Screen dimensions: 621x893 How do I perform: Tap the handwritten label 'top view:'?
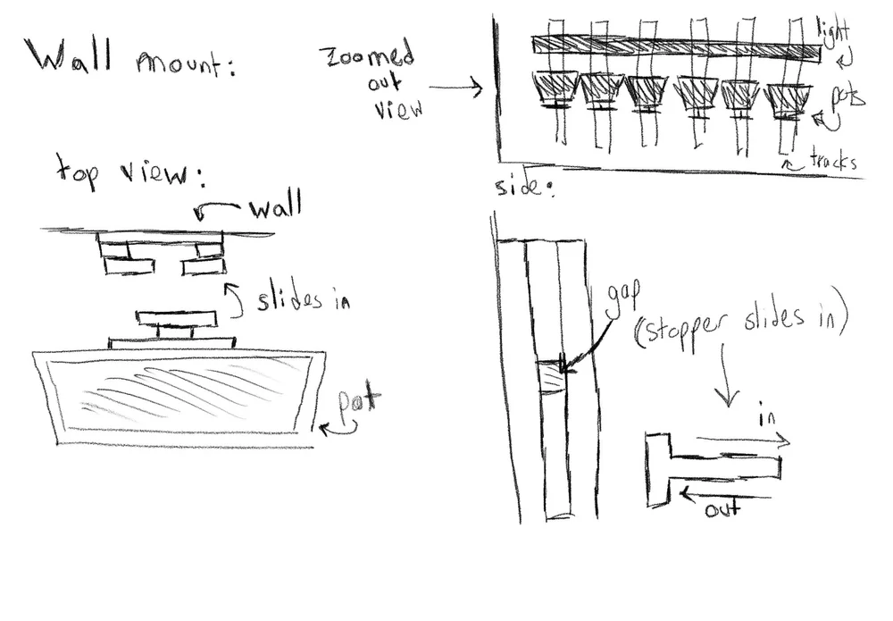129,170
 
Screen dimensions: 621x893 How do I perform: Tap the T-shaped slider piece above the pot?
177,323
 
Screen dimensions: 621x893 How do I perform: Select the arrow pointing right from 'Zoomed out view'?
455,88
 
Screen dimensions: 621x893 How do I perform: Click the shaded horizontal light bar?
674,48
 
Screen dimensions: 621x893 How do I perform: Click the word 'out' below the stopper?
722,510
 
